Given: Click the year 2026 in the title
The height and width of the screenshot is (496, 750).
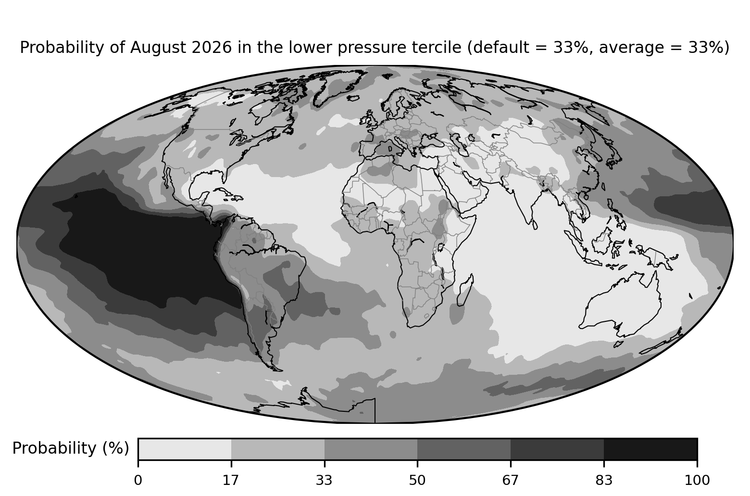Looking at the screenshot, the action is pos(212,47).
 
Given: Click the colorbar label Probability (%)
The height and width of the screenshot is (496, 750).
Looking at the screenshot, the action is pos(71,449).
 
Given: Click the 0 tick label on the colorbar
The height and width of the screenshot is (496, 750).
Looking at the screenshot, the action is pos(138,481).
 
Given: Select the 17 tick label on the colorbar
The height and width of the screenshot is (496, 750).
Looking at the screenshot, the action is pos(231,481).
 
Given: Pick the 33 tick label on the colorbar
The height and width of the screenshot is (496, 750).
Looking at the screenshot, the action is pos(324,481).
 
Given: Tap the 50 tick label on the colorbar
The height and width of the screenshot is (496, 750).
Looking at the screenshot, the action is pos(417,481).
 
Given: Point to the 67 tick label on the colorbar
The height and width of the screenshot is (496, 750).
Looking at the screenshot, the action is pos(510,481).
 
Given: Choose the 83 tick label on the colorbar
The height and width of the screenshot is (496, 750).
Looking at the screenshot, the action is pos(604,481).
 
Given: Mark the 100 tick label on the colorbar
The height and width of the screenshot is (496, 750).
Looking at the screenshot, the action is pos(697,481).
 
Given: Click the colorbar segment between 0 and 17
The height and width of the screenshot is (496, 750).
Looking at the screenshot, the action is pos(185,449).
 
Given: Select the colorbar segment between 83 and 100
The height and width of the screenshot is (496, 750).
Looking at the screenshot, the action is pos(650,449).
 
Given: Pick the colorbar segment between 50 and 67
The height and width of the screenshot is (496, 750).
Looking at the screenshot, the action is pos(464,449).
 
